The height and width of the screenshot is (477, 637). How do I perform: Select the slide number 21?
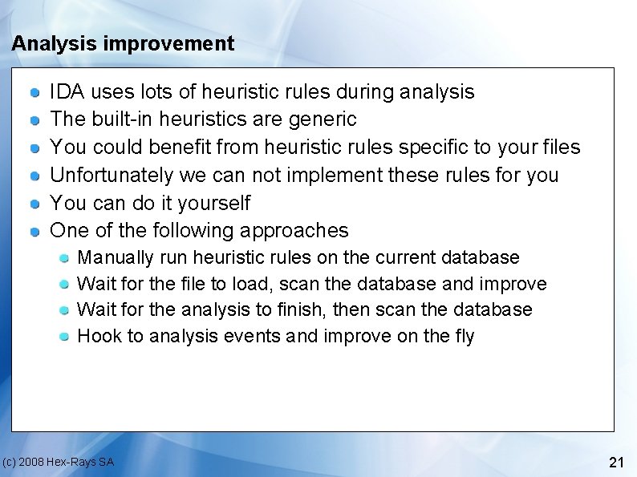coord(616,462)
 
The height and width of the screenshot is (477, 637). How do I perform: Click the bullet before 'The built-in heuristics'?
coord(35,120)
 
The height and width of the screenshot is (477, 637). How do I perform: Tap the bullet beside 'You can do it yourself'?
coord(35,204)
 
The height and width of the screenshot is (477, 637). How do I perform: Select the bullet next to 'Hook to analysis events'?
coord(64,337)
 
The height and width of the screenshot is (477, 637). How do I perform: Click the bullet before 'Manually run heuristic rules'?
coord(64,258)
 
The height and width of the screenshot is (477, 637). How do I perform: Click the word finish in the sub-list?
coord(302,309)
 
